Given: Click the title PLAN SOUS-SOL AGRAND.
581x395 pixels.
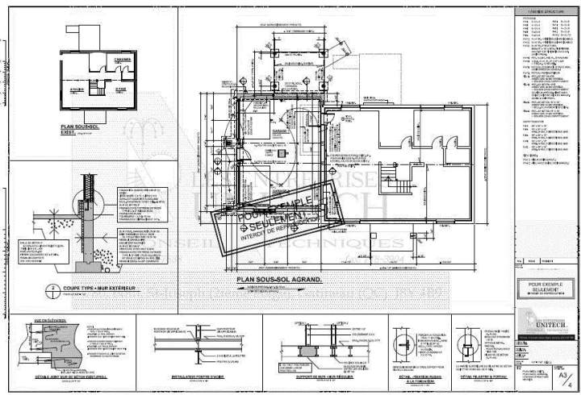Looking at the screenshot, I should [278, 280].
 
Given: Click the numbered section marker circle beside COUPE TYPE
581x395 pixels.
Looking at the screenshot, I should [52, 288].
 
